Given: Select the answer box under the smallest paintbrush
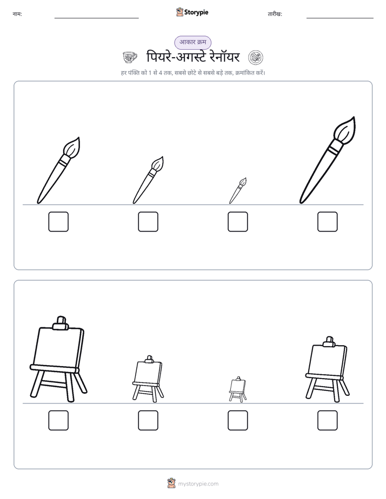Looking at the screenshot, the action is (237, 222).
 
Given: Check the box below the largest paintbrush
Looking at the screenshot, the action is (328, 222).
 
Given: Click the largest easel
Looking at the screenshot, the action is (58, 360).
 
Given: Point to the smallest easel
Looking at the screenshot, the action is (237, 389).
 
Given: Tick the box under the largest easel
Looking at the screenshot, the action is (58, 420).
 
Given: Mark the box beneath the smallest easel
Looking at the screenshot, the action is (237, 420).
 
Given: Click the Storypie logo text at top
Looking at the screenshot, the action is (196, 12).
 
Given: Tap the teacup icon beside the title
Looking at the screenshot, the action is (130, 58).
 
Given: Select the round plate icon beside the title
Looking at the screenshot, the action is (255, 58).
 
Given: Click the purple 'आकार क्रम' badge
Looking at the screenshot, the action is (192, 42).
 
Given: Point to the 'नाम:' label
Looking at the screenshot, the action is (17, 14).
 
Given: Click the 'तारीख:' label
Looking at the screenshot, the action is (275, 14).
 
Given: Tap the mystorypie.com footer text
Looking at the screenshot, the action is (198, 484).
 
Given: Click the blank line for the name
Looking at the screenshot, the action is (96, 18).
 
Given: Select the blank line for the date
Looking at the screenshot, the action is (340, 18).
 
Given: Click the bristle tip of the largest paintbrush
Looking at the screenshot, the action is (354, 118).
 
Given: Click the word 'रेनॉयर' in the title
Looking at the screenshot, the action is (222, 57).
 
